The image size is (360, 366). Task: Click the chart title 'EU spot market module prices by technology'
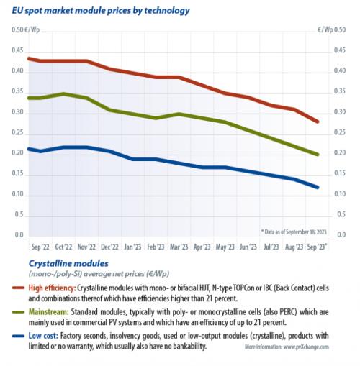[x=101, y=11]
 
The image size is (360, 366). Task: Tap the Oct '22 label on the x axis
[x=63, y=247]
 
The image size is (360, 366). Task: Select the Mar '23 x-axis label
[x=179, y=247]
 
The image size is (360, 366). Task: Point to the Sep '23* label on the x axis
[x=318, y=247]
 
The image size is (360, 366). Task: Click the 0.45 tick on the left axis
[x=17, y=51]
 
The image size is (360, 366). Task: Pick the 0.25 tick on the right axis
[x=340, y=132]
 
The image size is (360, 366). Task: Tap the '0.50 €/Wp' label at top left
[x=25, y=30]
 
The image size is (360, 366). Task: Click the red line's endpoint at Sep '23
[x=318, y=122]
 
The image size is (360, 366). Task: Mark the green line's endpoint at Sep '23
[x=318, y=155]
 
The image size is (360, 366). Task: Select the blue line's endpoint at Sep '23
[x=318, y=187]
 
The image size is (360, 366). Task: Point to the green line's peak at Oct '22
[x=63, y=93]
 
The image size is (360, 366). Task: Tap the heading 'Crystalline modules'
[x=68, y=263]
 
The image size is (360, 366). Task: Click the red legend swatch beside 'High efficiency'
[x=18, y=288]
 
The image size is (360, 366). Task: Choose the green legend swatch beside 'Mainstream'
[x=18, y=312]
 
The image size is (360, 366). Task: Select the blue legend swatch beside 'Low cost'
[x=18, y=336]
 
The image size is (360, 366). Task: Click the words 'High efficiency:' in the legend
[x=52, y=288]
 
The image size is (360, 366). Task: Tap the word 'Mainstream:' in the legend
[x=49, y=312]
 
